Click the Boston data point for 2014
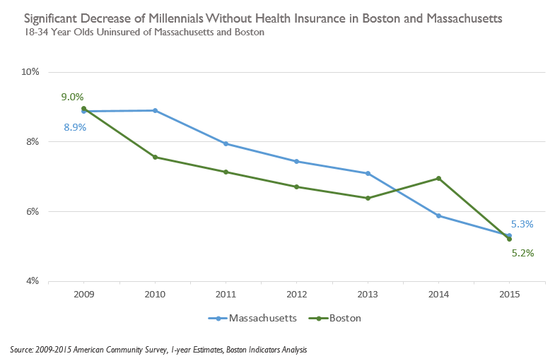click(x=438, y=178)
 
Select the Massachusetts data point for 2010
click(x=155, y=110)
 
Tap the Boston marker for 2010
click(x=155, y=157)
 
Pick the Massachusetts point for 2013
click(x=368, y=173)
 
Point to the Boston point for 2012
click(x=296, y=187)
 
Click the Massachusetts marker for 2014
click(x=438, y=215)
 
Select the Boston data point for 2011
click(x=226, y=172)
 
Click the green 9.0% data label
click(x=73, y=97)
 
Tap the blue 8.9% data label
click(x=74, y=127)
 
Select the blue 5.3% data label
click(x=522, y=224)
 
